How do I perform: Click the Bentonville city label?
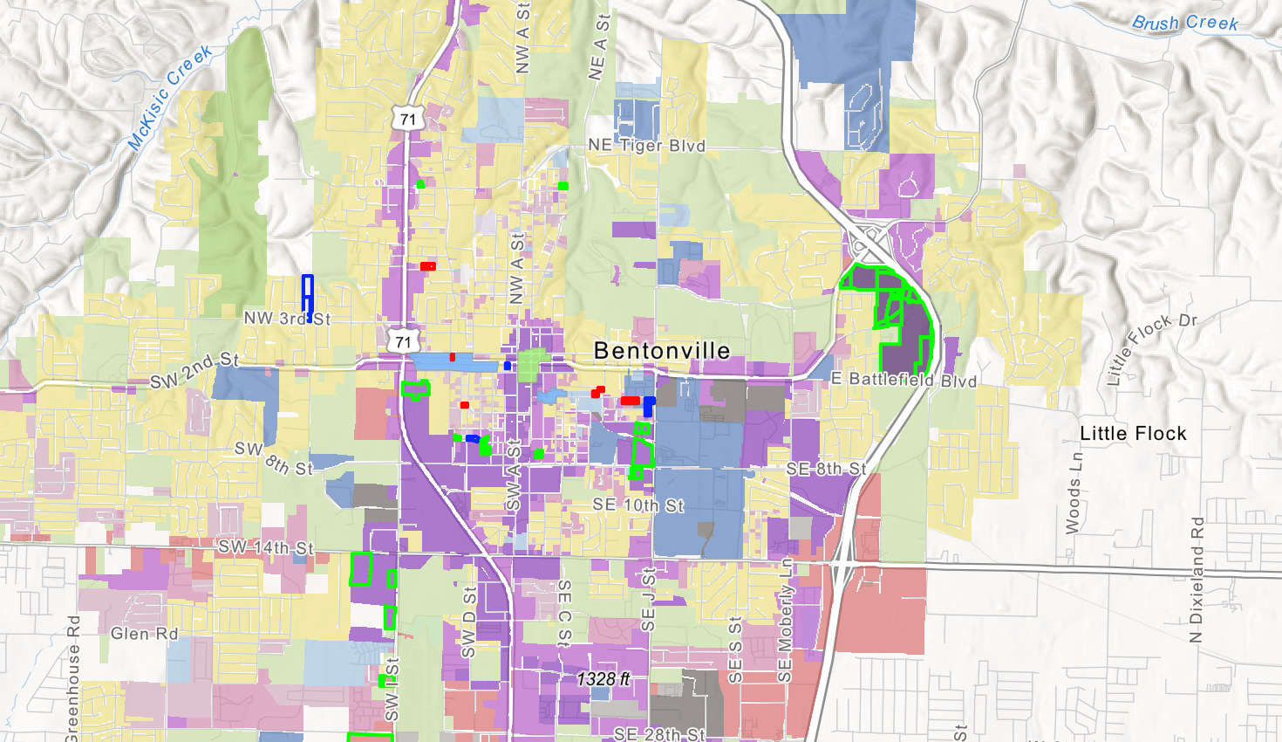coord(662,351)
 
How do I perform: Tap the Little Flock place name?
coord(1133,434)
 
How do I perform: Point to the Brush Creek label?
coord(1184,23)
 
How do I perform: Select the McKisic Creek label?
coord(171,97)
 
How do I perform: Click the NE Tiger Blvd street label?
coord(646,146)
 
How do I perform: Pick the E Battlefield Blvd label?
coord(904,380)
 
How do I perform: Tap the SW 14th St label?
coord(265,547)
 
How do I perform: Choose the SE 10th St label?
coord(638,505)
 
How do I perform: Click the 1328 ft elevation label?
coord(603,678)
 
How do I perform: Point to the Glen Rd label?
coord(144,634)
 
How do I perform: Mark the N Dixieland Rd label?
coord(1197,581)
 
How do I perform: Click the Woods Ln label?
coord(1074,493)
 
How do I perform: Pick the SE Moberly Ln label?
coord(786,621)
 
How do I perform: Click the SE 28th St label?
coord(659,734)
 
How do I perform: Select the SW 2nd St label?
coord(194,371)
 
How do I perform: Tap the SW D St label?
coord(469,622)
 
